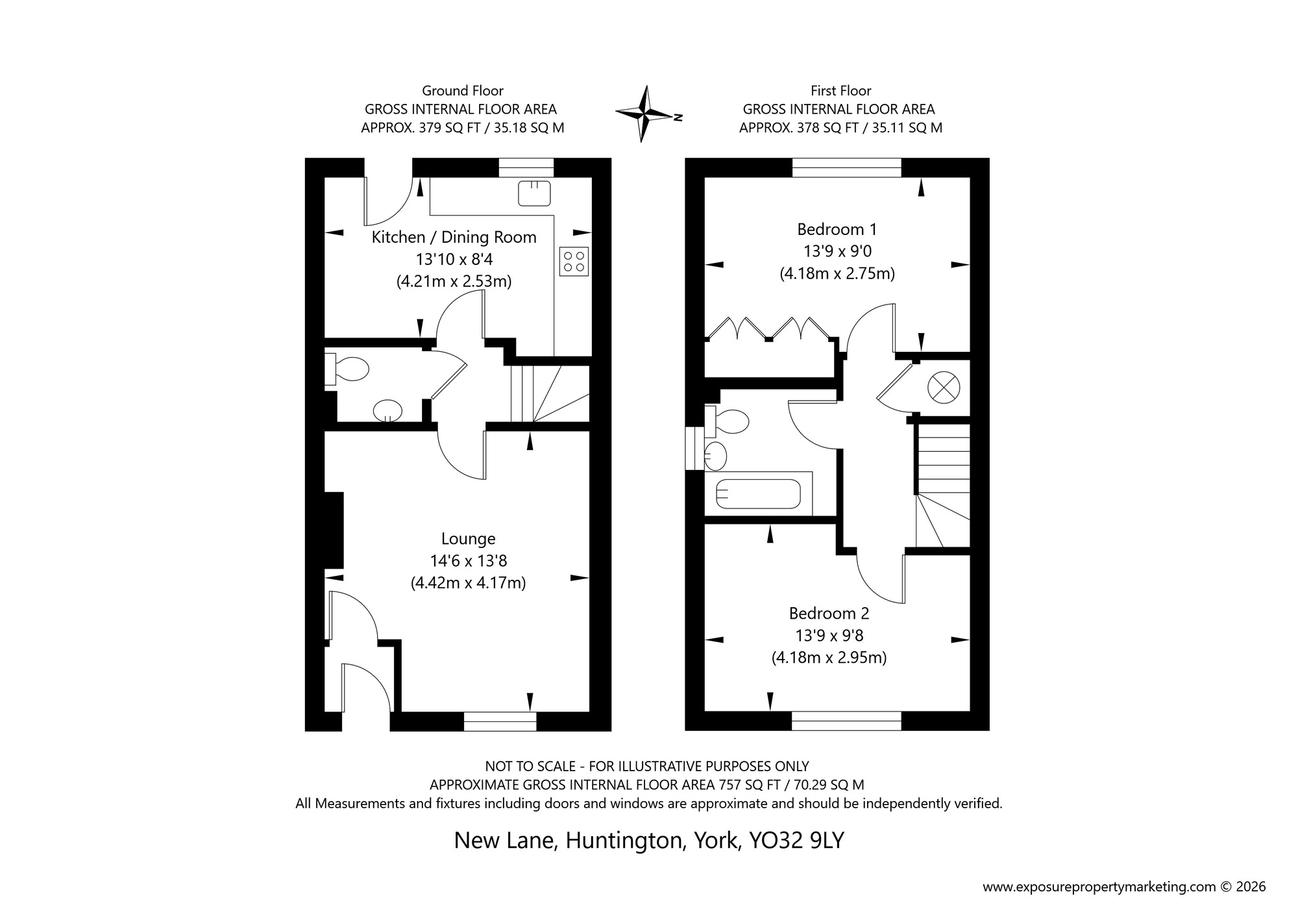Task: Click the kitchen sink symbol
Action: (534, 193)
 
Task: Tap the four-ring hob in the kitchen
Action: (574, 261)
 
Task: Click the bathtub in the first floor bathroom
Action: (758, 494)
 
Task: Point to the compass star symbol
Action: (644, 114)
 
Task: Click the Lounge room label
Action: (468, 539)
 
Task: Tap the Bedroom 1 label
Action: (837, 229)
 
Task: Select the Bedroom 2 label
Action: (829, 613)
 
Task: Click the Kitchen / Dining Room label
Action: (454, 237)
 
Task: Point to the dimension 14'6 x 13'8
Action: (468, 561)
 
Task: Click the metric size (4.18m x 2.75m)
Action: (837, 273)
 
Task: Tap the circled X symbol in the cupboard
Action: (943, 388)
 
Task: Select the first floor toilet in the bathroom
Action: (728, 422)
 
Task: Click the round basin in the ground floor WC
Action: (387, 411)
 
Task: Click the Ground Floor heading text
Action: (462, 91)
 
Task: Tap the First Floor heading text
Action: (840, 91)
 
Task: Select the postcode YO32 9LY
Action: (796, 840)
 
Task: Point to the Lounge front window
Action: (500, 721)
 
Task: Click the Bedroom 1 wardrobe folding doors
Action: (769, 329)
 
